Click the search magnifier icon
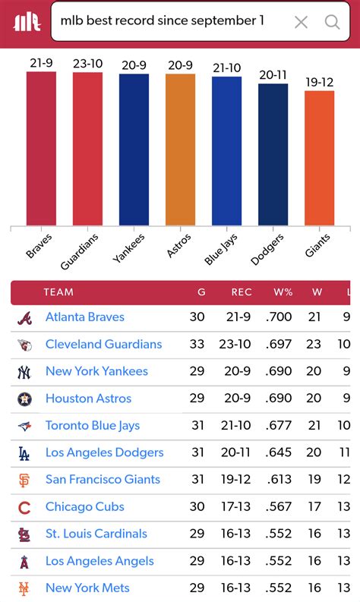pyautogui.click(x=332, y=22)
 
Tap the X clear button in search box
pyautogui.click(x=301, y=22)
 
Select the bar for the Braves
pyautogui.click(x=41, y=148)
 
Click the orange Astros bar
pyautogui.click(x=180, y=150)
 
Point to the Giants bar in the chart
pyautogui.click(x=319, y=158)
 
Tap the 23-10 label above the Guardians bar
pyautogui.click(x=87, y=64)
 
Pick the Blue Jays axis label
pyautogui.click(x=221, y=249)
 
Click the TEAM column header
pyautogui.click(x=58, y=292)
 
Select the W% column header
pyautogui.click(x=283, y=292)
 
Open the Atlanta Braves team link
pyautogui.click(x=84, y=317)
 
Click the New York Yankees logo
pyautogui.click(x=24, y=372)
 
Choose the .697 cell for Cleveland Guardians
pyautogui.click(x=279, y=345)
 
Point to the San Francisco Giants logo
pyautogui.click(x=24, y=481)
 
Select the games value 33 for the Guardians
pyautogui.click(x=197, y=345)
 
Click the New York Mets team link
pyautogui.click(x=87, y=588)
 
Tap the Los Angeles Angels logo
pyautogui.click(x=24, y=562)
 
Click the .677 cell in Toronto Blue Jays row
pyautogui.click(x=279, y=426)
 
